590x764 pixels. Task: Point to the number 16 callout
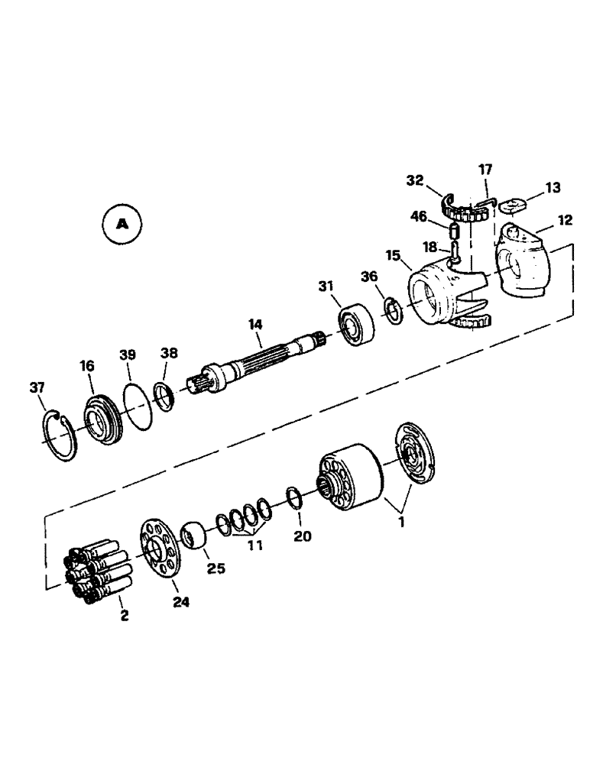tap(86, 367)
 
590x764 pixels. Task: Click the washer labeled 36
tap(394, 311)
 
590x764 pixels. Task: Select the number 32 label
tap(415, 181)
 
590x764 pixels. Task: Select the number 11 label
tap(254, 545)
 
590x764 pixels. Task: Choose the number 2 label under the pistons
tap(122, 615)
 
